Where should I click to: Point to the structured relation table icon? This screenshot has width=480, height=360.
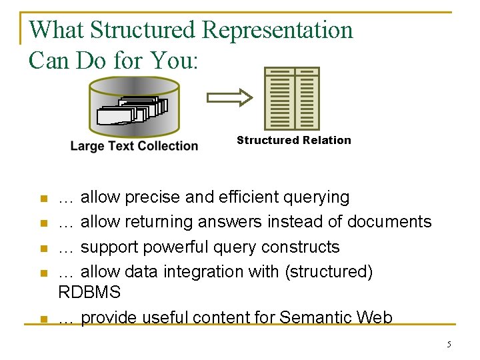pyautogui.click(x=292, y=98)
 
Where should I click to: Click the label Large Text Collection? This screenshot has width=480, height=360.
pyautogui.click(x=134, y=146)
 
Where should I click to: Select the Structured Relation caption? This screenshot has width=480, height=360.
pyautogui.click(x=293, y=140)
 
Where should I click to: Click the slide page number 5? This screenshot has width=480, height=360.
pyautogui.click(x=449, y=344)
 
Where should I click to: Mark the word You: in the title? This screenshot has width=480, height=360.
pyautogui.click(x=174, y=61)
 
